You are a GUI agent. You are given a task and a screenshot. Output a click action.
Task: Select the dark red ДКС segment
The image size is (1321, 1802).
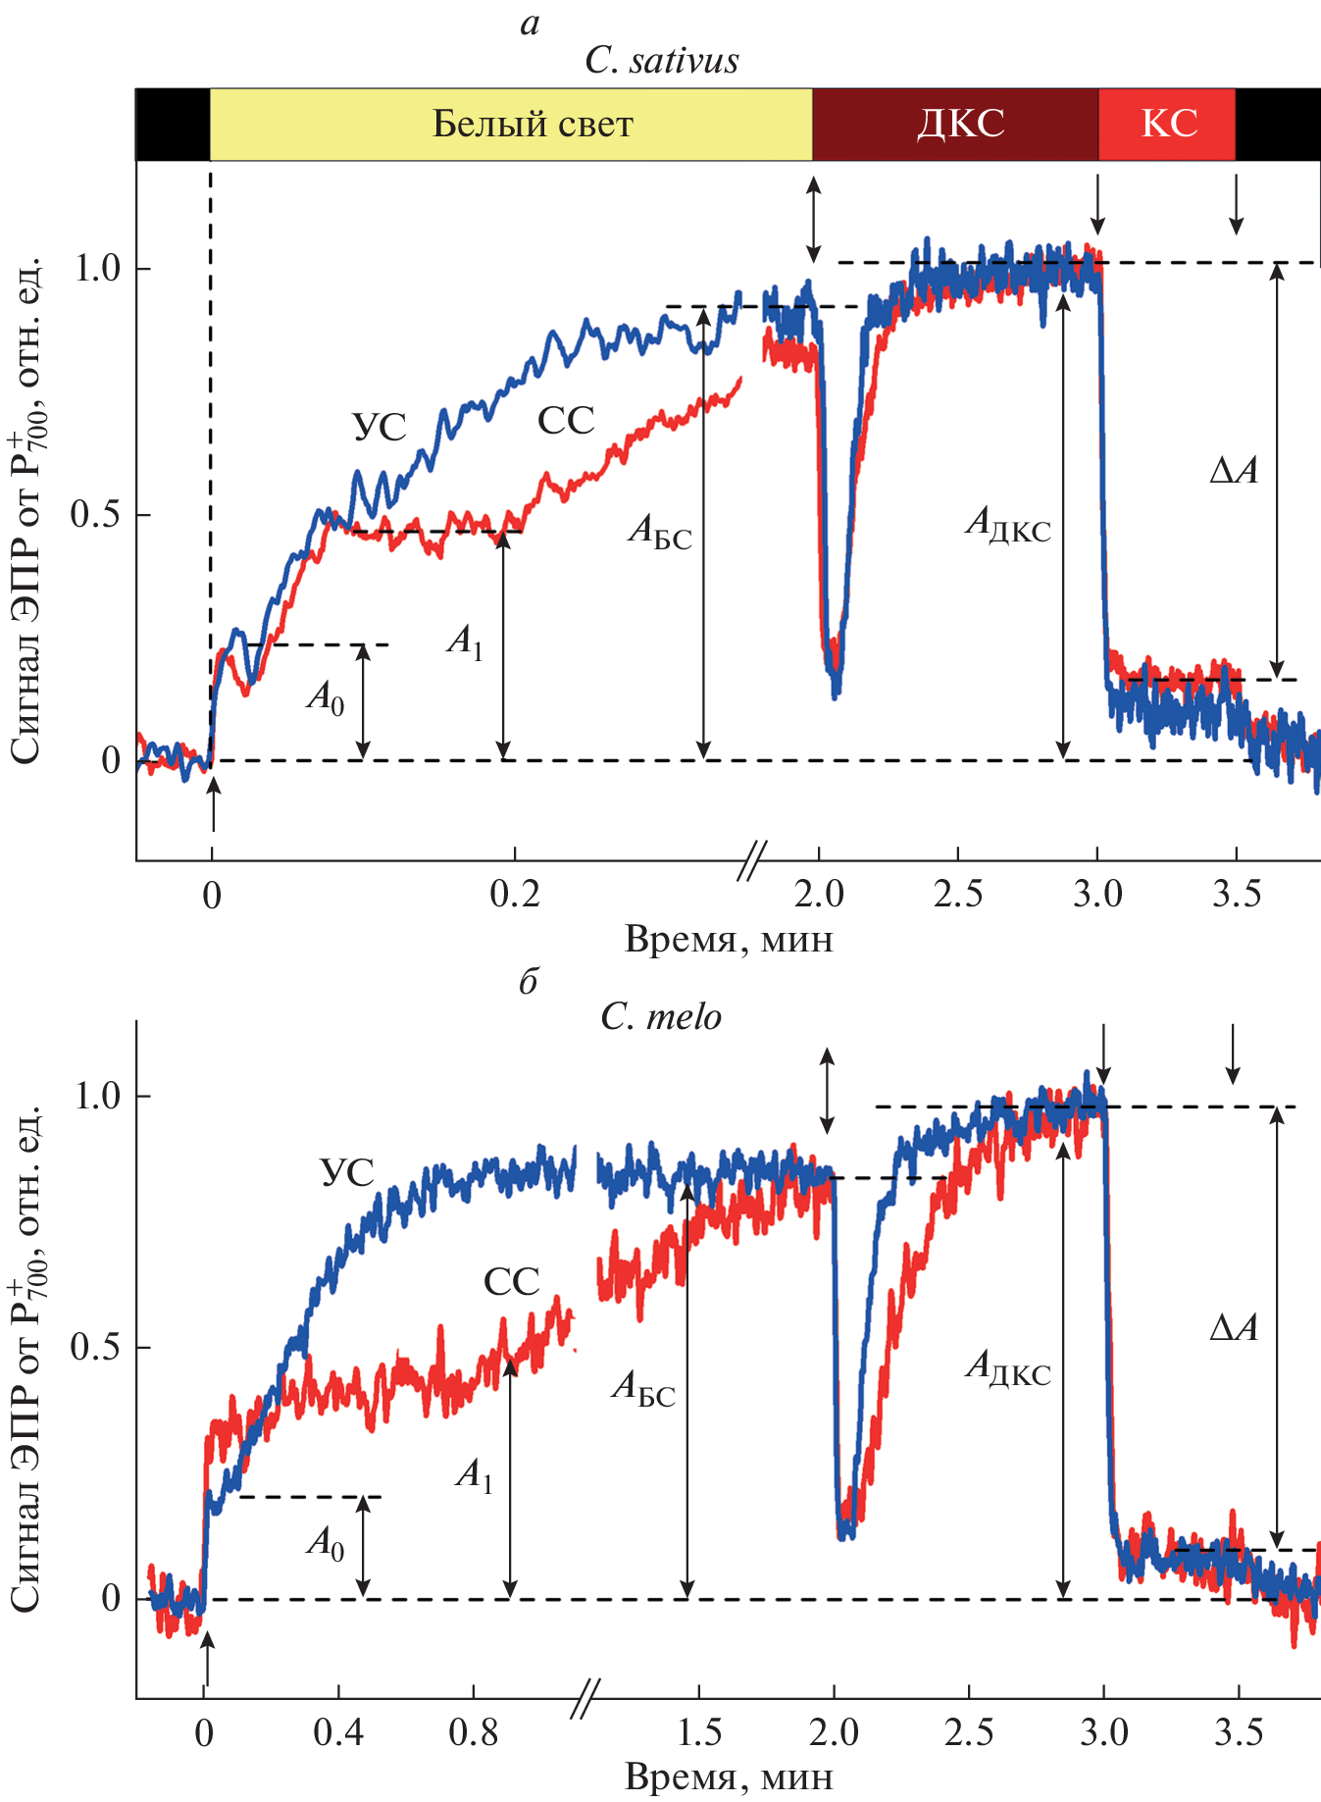point(955,125)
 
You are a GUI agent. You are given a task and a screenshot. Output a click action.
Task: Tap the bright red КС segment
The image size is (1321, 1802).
point(1167,125)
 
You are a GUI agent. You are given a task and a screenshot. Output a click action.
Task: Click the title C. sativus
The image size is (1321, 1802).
point(661,61)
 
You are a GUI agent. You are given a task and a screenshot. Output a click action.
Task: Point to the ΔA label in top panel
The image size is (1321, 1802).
point(1233,472)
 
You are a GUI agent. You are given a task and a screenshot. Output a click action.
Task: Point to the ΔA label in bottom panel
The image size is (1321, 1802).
point(1233,1328)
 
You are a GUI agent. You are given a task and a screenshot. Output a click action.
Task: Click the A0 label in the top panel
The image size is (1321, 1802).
point(326,697)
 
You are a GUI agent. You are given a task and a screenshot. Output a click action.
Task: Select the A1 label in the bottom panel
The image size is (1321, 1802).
point(475,1474)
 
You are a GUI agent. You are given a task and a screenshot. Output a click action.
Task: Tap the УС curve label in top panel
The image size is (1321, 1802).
point(379,428)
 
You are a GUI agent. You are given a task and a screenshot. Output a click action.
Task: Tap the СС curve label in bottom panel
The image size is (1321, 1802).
point(512,1281)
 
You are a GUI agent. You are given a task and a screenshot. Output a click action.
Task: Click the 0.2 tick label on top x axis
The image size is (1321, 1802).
point(515,895)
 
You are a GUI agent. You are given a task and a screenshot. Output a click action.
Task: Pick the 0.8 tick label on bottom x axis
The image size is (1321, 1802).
point(474,1733)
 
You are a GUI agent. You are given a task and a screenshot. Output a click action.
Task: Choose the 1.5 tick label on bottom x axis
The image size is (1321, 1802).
point(700,1733)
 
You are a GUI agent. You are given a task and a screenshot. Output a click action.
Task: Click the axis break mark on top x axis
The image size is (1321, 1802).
point(752,860)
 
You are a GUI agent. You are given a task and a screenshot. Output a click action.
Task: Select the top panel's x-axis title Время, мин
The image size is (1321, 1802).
point(729,940)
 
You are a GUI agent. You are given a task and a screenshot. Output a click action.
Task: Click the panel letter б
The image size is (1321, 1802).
point(529,981)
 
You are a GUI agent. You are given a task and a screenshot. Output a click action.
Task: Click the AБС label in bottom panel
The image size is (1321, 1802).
point(643,1389)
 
